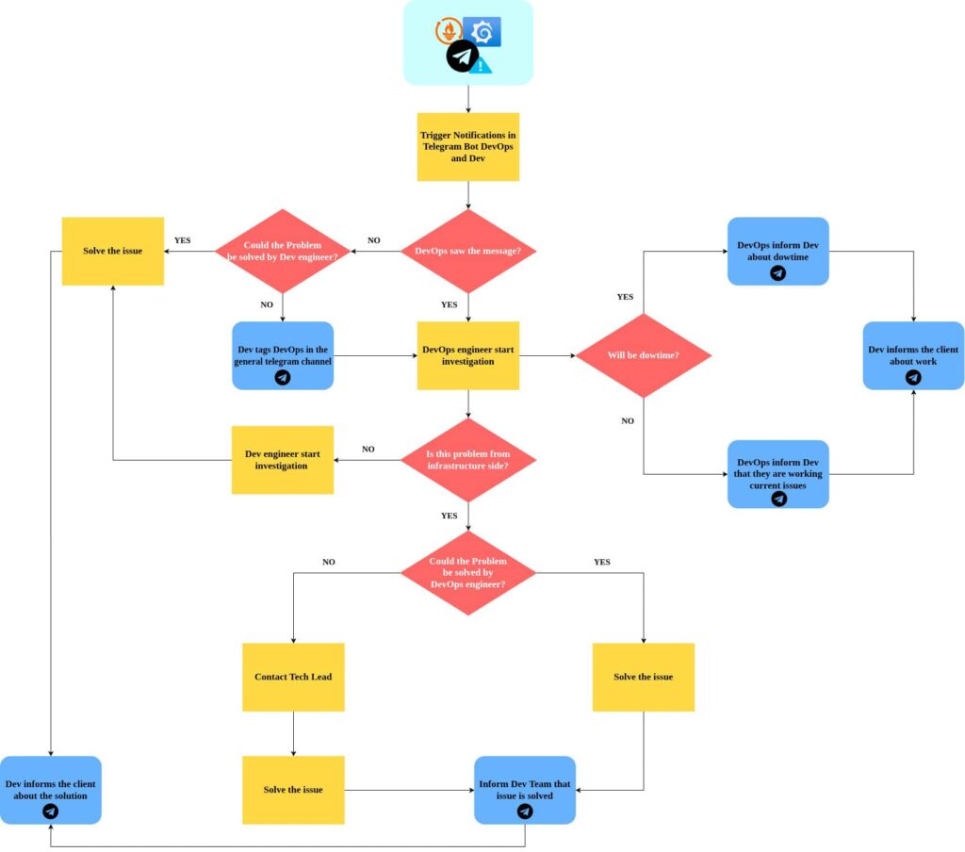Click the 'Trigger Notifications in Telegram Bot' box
pyautogui.click(x=468, y=147)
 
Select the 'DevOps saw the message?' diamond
pyautogui.click(x=468, y=252)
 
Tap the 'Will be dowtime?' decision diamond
pyautogui.click(x=644, y=355)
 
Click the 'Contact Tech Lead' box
pyautogui.click(x=293, y=677)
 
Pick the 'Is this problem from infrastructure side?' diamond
pyautogui.click(x=468, y=460)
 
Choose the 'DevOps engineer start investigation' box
pyautogui.click(x=468, y=355)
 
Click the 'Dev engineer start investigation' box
pyautogui.click(x=283, y=460)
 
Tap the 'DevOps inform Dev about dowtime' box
pyautogui.click(x=778, y=252)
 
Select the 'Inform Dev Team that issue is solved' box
pyautogui.click(x=525, y=790)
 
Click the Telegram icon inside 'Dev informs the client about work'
pyautogui.click(x=913, y=377)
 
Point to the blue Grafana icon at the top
pyautogui.click(x=484, y=32)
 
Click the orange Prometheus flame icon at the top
pyautogui.click(x=450, y=31)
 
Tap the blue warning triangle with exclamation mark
pyautogui.click(x=482, y=65)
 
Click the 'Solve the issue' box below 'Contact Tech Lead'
pyautogui.click(x=293, y=790)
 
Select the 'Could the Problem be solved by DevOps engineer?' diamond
pyautogui.click(x=468, y=572)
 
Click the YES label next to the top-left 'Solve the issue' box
pyautogui.click(x=183, y=240)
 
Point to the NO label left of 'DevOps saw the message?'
pyautogui.click(x=374, y=240)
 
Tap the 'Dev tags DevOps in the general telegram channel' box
pyautogui.click(x=283, y=355)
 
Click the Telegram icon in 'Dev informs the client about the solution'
pyautogui.click(x=51, y=811)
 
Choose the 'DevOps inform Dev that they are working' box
pyautogui.click(x=778, y=474)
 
